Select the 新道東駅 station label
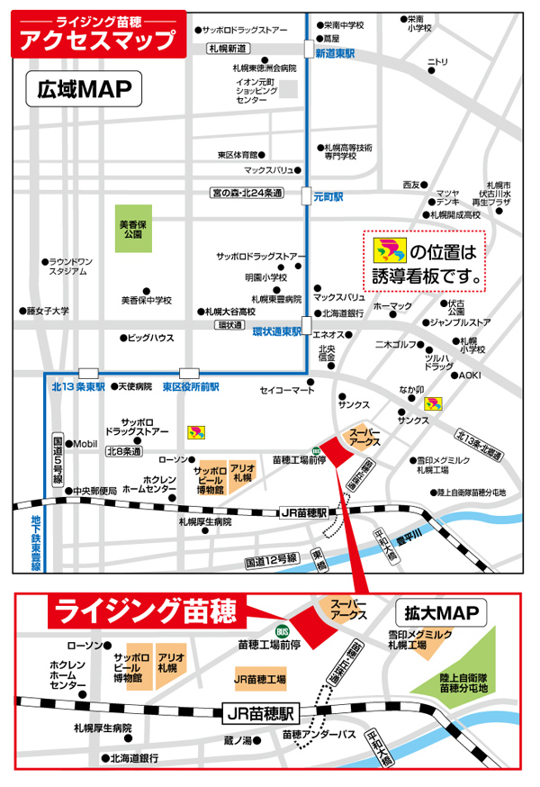(334, 55)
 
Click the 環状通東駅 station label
(276, 331)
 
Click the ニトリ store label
(437, 62)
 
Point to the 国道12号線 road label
(271, 559)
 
